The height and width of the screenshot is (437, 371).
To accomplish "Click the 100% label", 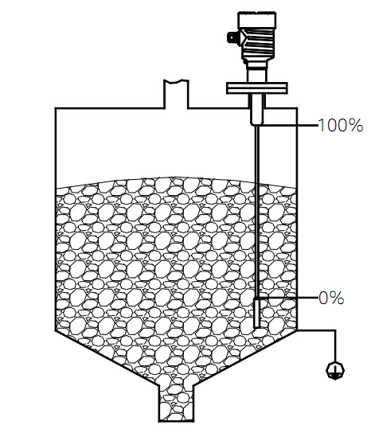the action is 340,125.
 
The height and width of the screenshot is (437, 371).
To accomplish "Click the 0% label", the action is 331,298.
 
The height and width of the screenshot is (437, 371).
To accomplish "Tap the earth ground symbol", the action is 335,371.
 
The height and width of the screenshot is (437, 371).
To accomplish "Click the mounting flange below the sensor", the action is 256,88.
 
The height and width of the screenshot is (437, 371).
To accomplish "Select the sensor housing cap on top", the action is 257,20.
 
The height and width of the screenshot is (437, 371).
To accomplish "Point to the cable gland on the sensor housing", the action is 232,37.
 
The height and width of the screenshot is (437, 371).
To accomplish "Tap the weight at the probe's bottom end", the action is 257,313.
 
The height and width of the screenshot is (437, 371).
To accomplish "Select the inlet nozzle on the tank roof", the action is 176,94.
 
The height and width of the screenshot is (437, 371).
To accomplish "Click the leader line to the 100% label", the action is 288,126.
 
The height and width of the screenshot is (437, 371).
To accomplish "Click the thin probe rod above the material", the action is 257,154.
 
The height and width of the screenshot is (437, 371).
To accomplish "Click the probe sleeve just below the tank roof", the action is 256,110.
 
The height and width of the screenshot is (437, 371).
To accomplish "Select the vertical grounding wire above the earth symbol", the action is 335,346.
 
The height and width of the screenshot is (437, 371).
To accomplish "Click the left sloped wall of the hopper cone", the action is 107,358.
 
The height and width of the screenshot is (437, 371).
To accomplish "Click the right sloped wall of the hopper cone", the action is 245,358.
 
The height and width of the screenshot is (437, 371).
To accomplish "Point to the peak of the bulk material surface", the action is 171,178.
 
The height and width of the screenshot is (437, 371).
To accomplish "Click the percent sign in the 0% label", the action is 338,298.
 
